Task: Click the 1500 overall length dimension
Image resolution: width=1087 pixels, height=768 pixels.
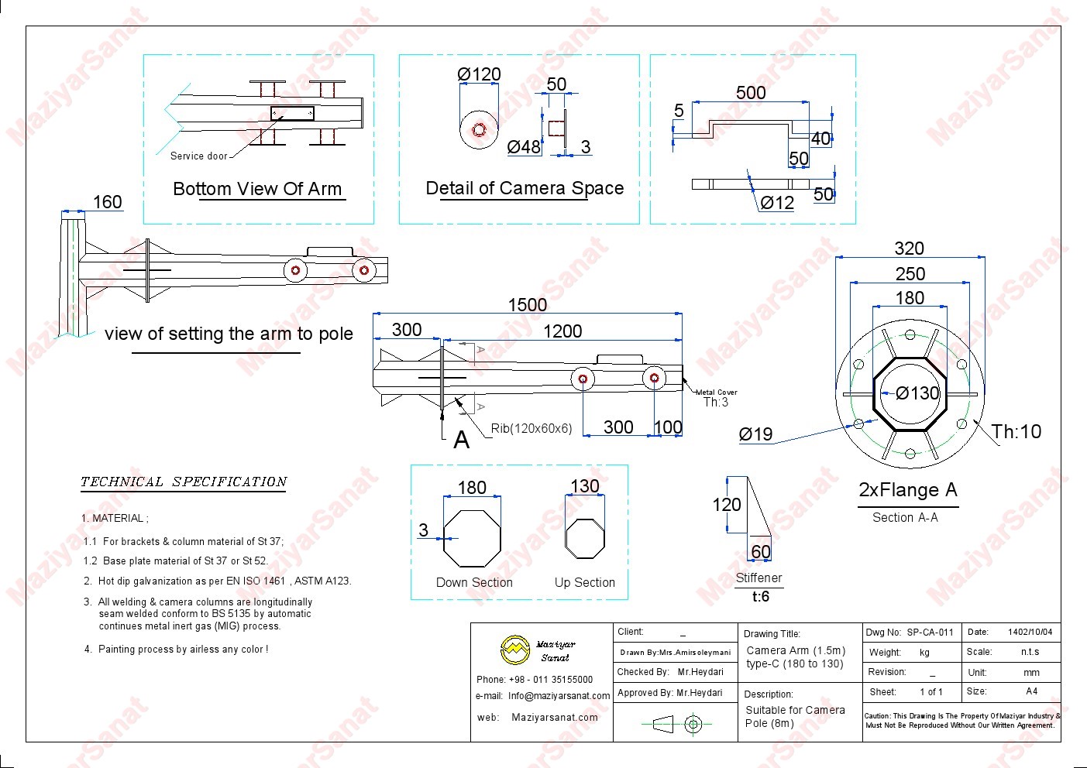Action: (x=527, y=305)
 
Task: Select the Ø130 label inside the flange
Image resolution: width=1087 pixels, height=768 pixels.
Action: (x=917, y=393)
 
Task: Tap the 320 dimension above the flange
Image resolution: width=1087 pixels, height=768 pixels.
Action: (x=909, y=249)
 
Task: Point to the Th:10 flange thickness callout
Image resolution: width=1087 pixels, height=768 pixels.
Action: (x=1016, y=432)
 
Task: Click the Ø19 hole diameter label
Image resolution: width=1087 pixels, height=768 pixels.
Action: (x=755, y=434)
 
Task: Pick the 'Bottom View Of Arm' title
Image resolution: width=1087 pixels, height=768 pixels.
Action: (x=257, y=189)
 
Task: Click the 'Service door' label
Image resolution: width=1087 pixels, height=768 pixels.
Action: (x=199, y=156)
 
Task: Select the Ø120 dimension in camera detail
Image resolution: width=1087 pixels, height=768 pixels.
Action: (x=479, y=74)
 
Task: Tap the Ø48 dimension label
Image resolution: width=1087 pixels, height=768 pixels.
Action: (x=524, y=147)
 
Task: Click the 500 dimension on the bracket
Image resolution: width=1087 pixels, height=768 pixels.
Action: (x=751, y=93)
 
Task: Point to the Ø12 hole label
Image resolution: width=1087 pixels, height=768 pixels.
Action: (x=777, y=203)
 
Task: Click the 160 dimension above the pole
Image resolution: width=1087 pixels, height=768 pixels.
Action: (x=107, y=202)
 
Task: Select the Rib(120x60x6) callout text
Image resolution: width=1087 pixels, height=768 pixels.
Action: (x=531, y=428)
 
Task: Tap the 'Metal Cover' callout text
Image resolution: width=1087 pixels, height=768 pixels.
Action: (x=717, y=393)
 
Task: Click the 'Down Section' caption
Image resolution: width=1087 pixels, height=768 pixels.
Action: (x=474, y=582)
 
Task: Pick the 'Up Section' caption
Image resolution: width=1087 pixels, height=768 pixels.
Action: (x=585, y=582)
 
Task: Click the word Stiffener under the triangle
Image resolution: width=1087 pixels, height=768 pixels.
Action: (x=758, y=578)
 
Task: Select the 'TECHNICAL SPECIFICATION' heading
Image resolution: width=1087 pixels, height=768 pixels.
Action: (x=184, y=482)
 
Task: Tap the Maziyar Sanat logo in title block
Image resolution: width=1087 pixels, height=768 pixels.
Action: (x=515, y=650)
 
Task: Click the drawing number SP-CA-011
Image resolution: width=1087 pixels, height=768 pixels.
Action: (x=930, y=633)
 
